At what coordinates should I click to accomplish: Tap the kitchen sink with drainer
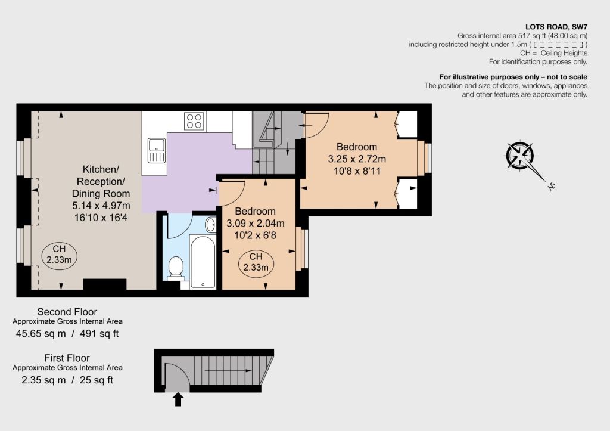157,150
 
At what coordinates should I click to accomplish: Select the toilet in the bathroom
176,268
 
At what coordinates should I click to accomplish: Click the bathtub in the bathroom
203,262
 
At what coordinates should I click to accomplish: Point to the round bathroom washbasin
210,225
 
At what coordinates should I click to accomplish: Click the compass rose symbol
520,156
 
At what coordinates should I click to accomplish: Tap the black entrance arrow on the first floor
178,399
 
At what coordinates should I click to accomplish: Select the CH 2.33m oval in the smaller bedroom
256,263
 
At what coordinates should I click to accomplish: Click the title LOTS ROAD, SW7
556,27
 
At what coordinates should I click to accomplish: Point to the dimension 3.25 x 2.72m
357,159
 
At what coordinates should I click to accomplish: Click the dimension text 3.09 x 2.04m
255,224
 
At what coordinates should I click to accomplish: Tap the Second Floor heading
67,312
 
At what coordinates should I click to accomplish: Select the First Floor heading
67,358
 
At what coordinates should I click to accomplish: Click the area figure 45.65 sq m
41,334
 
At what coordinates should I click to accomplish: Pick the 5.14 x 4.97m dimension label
101,206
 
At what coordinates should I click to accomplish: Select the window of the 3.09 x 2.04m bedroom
303,249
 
